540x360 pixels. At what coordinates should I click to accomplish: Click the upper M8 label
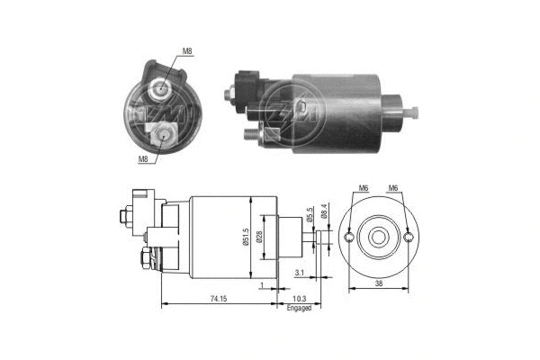(187, 51)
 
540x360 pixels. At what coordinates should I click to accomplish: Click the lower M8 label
(143, 159)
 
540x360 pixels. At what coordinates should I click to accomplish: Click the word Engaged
(300, 307)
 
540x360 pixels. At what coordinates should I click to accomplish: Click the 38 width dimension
(379, 283)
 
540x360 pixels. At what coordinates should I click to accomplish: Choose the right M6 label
(393, 187)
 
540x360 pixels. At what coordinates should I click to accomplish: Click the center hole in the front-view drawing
(379, 237)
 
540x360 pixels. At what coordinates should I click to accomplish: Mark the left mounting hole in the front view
(346, 237)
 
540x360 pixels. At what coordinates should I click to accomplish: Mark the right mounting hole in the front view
(410, 237)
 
